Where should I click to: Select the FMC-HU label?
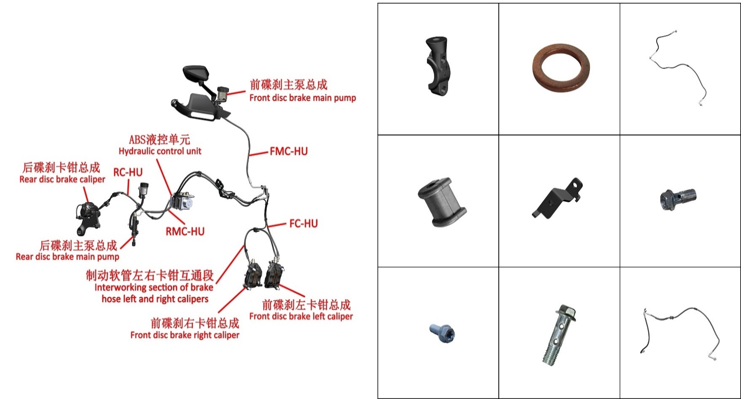(288, 151)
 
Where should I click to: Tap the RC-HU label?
(128, 172)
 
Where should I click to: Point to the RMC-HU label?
(185, 231)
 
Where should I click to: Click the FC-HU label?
(303, 224)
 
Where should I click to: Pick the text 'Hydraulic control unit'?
(160, 151)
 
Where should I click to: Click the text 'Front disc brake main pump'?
(303, 98)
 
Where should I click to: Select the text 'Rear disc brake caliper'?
(62, 179)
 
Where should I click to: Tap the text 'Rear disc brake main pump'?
(68, 257)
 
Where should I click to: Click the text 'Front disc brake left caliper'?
(301, 316)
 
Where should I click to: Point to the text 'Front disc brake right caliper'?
(185, 335)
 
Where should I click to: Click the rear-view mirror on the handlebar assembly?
(196, 73)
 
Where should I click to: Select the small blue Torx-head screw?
(443, 333)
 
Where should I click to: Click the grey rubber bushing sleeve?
(442, 202)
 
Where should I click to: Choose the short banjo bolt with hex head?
(678, 199)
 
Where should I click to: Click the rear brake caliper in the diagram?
(89, 217)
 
